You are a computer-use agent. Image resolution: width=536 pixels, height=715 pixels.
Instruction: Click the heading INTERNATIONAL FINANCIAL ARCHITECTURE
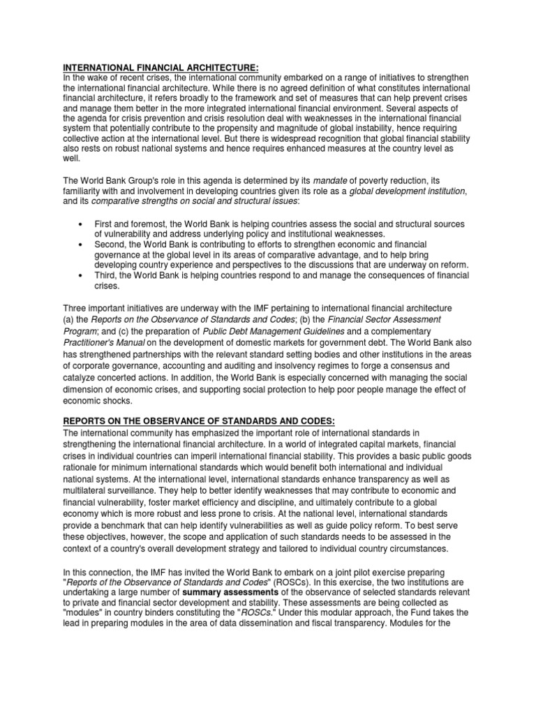tap(161, 67)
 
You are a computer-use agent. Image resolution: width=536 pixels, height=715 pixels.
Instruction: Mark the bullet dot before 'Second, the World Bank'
tap(81, 245)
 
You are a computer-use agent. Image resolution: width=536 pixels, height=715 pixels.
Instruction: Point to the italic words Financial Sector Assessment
tap(375, 320)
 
